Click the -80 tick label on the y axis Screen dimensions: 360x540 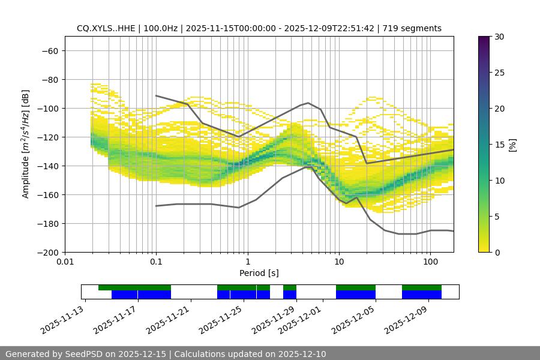point(49,79)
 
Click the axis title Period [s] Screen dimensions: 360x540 point(259,273)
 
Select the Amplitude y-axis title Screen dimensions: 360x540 point(26,144)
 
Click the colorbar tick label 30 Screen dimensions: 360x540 point(499,37)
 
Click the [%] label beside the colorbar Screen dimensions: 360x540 point(512,145)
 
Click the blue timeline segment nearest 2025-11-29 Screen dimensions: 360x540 point(290,295)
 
